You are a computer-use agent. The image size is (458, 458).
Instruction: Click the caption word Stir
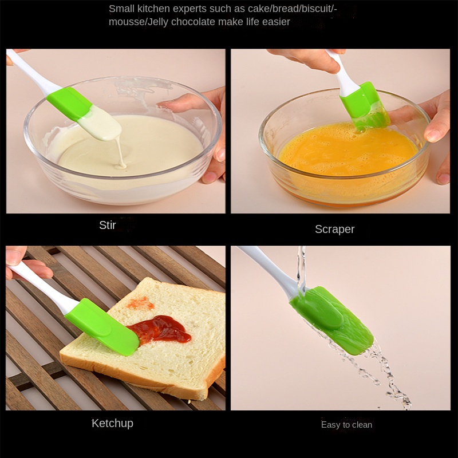click(108, 225)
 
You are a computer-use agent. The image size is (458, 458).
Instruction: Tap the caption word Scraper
click(334, 230)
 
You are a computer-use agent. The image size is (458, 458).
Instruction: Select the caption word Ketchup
click(112, 423)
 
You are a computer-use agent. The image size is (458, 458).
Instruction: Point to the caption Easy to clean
click(346, 424)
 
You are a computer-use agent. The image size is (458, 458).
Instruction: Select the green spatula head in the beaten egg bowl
click(364, 106)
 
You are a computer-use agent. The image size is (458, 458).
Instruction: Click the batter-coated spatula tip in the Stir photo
click(100, 123)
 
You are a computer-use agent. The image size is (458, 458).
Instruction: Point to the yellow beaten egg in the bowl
click(348, 149)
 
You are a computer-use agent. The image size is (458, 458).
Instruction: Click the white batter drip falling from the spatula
click(120, 153)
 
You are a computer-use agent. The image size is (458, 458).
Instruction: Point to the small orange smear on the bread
click(140, 304)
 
